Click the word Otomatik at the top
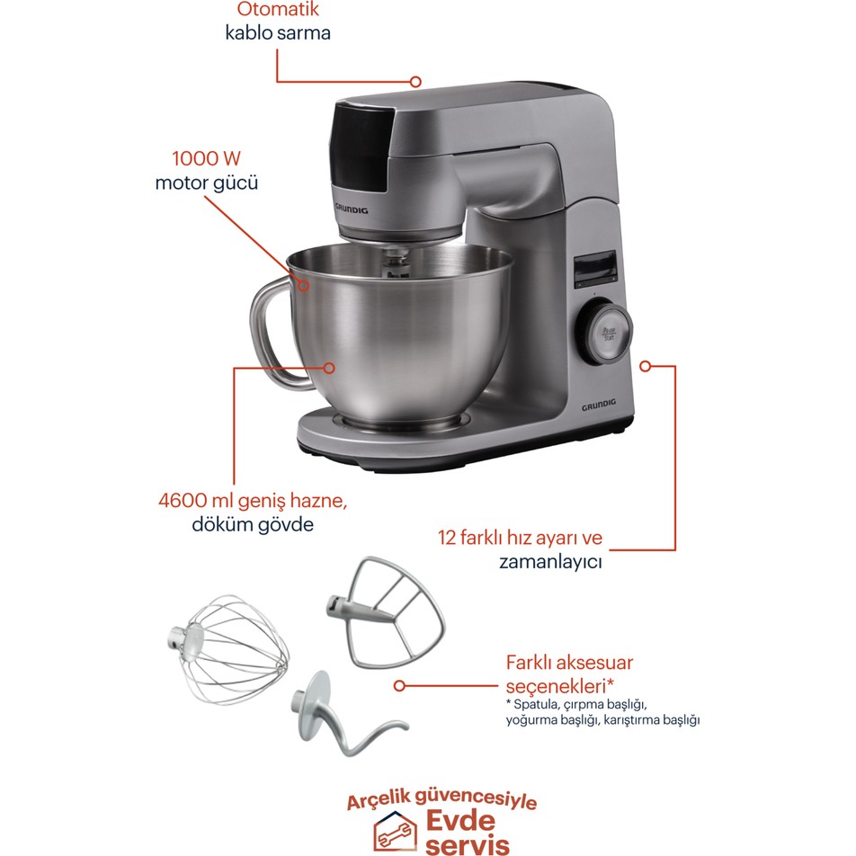[x=277, y=9]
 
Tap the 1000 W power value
[x=207, y=158]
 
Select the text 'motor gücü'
[x=207, y=183]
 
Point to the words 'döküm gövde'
[x=253, y=524]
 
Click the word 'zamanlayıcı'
[x=550, y=562]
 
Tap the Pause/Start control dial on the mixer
[x=607, y=333]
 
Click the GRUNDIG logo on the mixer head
[x=351, y=209]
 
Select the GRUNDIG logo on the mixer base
[x=598, y=405]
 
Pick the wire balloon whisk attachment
[x=227, y=649]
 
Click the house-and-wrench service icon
[x=395, y=831]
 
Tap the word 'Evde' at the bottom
[x=460, y=820]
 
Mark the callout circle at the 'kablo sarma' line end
[x=415, y=82]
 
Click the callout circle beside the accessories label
[x=399, y=686]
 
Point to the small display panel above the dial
[x=594, y=269]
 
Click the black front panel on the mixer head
[x=361, y=147]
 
